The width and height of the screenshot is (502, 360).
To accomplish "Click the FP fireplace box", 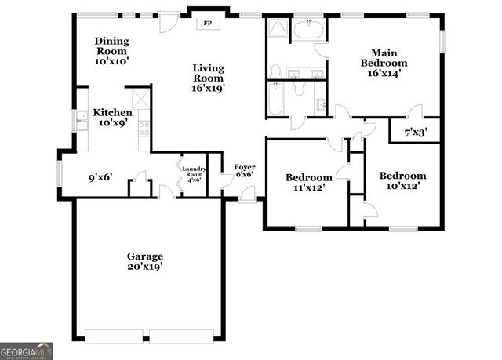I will [208, 24].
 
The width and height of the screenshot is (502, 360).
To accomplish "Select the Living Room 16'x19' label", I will [209, 78].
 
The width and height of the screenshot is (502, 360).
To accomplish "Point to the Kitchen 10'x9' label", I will [112, 118].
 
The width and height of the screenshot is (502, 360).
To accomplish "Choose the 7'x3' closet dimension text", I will [417, 133].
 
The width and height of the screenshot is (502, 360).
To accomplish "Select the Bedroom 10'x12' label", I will [402, 181].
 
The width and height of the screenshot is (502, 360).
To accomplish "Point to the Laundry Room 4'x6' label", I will [194, 173].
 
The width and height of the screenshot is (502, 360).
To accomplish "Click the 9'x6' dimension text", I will [100, 177].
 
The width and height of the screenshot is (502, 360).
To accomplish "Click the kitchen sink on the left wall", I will [82, 120].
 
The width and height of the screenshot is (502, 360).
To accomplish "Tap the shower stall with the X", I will [279, 30].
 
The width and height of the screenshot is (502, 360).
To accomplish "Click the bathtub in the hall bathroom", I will [276, 99].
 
